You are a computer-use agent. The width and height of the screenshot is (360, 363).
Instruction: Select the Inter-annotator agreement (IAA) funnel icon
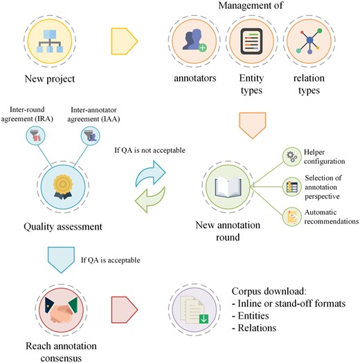pyautogui.click(x=90, y=137)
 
